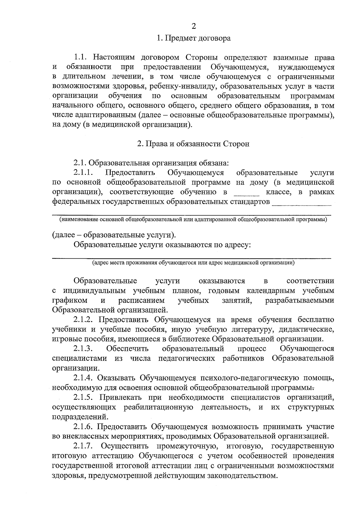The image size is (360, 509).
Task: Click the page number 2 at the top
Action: [193, 26]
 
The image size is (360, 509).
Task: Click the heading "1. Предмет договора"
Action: [193, 38]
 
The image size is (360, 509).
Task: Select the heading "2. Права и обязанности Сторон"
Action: [193, 144]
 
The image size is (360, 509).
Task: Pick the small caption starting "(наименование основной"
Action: [193, 220]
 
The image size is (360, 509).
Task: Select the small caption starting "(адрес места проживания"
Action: [193, 263]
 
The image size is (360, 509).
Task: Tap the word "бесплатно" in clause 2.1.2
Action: [316, 320]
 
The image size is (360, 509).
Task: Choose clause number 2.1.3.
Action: [83, 349]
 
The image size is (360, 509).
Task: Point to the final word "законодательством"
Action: [237, 476]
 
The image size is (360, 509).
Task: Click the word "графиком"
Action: [70, 300]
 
